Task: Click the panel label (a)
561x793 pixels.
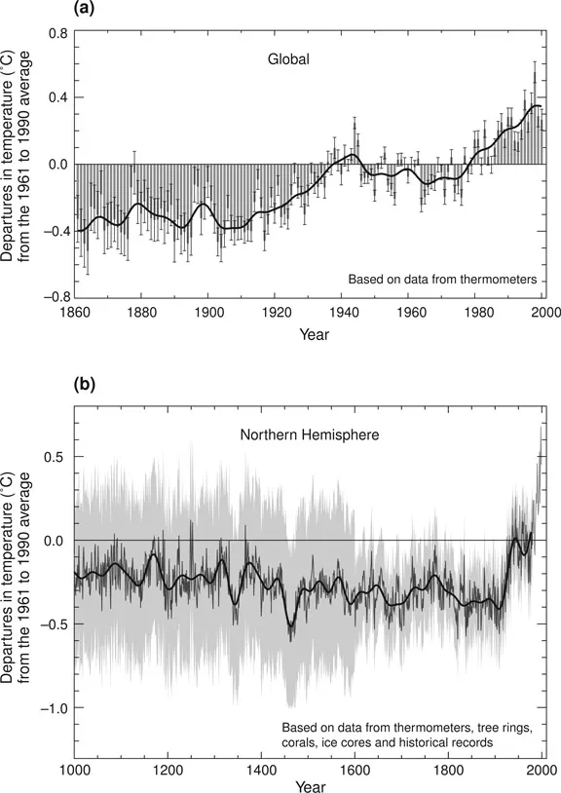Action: pyautogui.click(x=86, y=9)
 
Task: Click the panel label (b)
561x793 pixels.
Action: pyautogui.click(x=86, y=385)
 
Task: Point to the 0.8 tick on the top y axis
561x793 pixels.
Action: pyautogui.click(x=57, y=32)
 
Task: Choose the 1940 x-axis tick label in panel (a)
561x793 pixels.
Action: pyautogui.click(x=343, y=313)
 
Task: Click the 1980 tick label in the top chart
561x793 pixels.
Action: pyautogui.click(x=477, y=313)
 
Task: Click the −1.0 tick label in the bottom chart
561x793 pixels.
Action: pyautogui.click(x=53, y=707)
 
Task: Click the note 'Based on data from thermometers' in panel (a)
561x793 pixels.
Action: pyautogui.click(x=442, y=280)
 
